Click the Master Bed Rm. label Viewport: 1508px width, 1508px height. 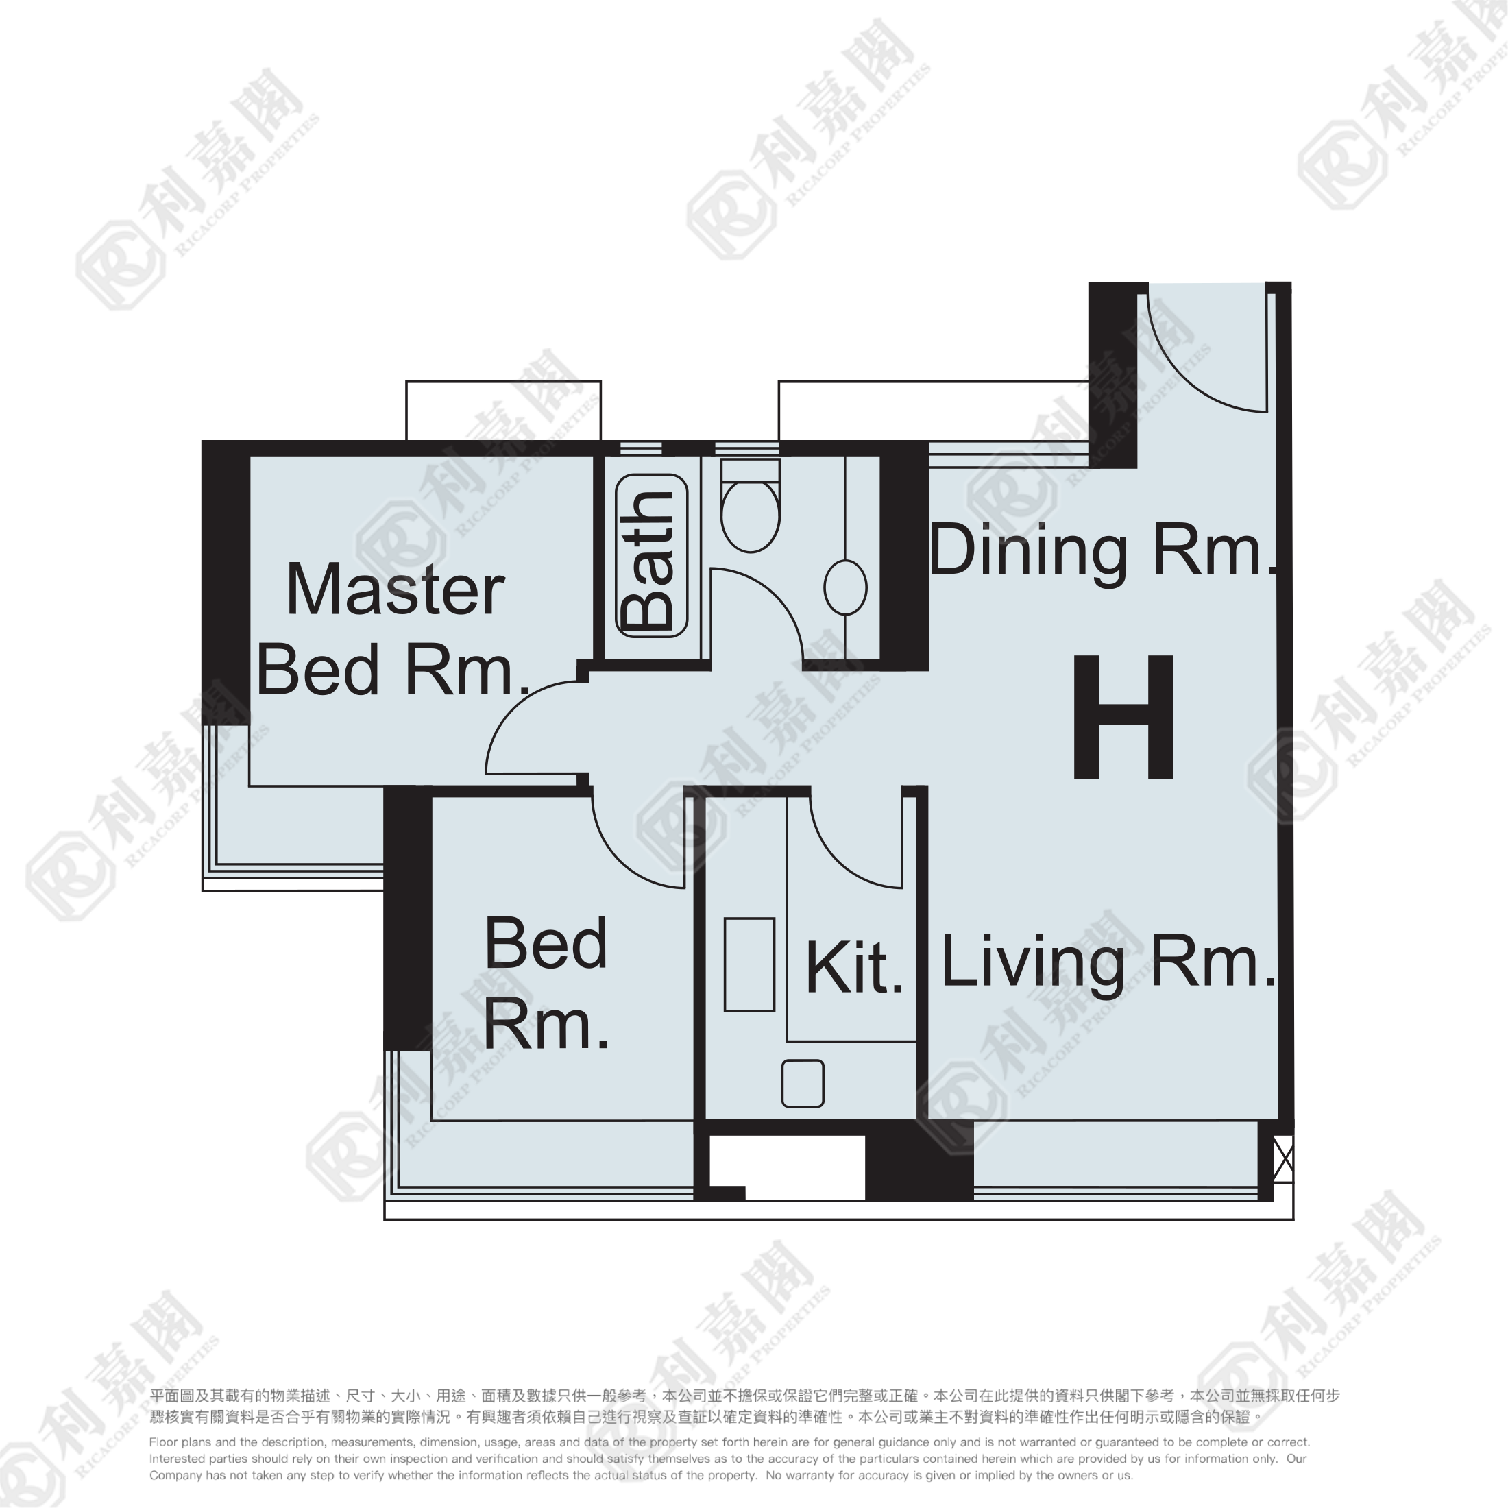pos(394,629)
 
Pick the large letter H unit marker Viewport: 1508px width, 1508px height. pos(1124,717)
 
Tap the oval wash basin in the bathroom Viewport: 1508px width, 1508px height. pos(845,587)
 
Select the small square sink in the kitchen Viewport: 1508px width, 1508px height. pos(803,1084)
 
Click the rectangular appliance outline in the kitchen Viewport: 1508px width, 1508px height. pos(749,964)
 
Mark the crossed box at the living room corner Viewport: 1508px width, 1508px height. pos(1283,1160)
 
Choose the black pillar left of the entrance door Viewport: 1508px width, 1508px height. pos(1113,375)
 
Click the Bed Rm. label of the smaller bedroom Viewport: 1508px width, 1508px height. pos(546,984)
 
